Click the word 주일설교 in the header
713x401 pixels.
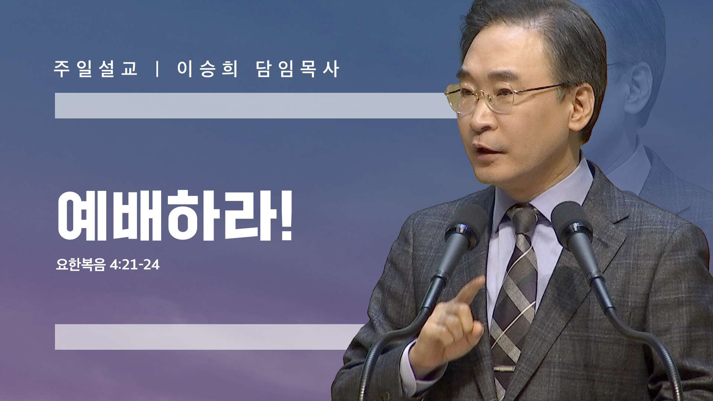(x=96, y=69)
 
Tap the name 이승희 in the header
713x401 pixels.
(x=207, y=69)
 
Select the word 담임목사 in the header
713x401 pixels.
(x=298, y=69)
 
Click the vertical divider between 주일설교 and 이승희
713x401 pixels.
(x=158, y=69)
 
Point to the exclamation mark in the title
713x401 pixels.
(x=286, y=215)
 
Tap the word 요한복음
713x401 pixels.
(x=81, y=265)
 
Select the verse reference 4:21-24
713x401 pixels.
(x=135, y=265)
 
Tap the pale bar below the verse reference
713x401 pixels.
(x=210, y=337)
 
